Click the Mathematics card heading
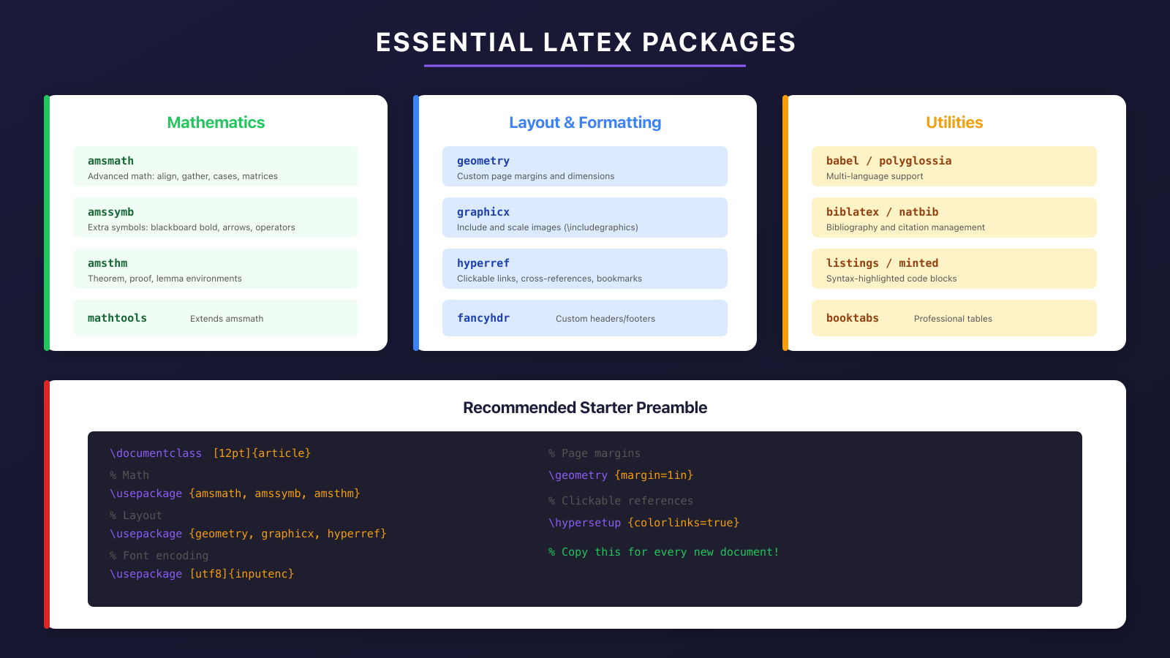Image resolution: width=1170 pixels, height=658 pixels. pos(216,123)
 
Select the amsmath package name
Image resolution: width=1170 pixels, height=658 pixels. pos(110,161)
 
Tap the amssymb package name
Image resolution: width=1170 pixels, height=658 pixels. pos(110,212)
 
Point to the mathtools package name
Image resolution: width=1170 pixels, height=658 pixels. pos(117,318)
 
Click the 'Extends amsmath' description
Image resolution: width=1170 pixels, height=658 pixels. pos(227,319)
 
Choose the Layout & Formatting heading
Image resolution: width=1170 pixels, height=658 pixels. pos(585,123)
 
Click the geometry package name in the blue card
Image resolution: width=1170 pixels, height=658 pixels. pos(483,161)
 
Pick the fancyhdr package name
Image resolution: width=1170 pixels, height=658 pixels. pos(483,318)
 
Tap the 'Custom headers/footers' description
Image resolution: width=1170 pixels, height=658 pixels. pos(605,319)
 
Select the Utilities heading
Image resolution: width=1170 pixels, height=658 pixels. pos(954,123)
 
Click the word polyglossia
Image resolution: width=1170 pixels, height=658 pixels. pos(915,161)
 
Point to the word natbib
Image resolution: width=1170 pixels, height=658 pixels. pos(918,212)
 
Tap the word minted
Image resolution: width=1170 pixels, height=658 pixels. pos(918,263)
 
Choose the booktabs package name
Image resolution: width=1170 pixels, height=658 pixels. pos(853,318)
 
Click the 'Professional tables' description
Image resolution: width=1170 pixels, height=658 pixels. pos(953,319)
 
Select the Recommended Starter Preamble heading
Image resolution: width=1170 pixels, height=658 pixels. pos(585,408)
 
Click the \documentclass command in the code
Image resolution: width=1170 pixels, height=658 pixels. pos(156,453)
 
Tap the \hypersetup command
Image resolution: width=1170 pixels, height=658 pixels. pos(584,523)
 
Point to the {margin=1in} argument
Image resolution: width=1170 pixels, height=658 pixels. pos(654,475)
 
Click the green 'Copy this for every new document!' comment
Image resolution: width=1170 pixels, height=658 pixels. pos(664,552)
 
